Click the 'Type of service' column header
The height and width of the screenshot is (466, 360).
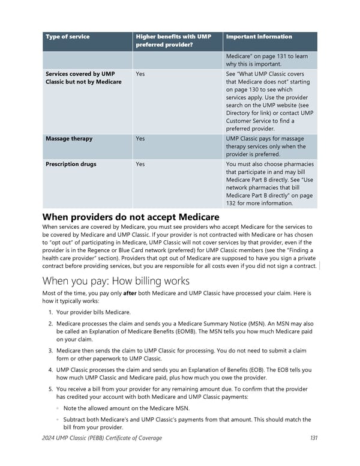tap(67, 37)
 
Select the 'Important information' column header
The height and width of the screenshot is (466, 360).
tap(259, 37)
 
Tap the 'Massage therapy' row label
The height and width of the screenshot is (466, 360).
tap(69, 139)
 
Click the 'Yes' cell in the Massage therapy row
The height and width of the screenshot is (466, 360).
tap(140, 139)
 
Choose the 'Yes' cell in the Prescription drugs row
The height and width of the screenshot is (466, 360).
tap(140, 164)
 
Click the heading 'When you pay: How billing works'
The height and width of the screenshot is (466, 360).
tap(116, 281)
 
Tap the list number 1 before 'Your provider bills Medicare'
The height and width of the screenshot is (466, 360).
tap(49, 313)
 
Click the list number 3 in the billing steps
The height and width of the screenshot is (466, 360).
tap(49, 351)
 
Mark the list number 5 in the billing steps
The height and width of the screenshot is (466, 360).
tap(49, 390)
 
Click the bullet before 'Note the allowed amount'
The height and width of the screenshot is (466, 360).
tap(58, 408)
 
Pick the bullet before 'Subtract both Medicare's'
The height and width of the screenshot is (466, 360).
tap(58, 420)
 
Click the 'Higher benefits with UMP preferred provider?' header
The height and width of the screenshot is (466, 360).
tap(173, 40)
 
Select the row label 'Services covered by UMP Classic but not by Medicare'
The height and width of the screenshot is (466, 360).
tap(83, 77)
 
